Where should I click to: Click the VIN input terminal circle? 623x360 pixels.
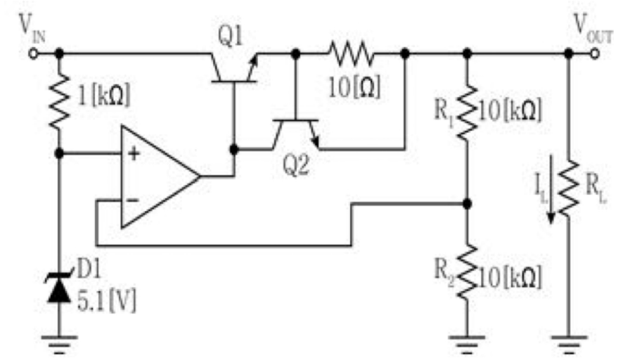(33, 53)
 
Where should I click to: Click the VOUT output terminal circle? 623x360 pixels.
(595, 53)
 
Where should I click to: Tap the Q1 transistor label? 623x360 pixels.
(230, 37)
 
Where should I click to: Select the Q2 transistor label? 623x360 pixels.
(295, 165)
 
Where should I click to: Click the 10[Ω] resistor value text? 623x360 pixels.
(354, 87)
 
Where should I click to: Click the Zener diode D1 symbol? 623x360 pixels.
(59, 287)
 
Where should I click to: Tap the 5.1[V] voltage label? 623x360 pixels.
(106, 301)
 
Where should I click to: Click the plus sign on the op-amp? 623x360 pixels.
(134, 153)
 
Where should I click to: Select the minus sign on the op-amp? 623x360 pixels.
(133, 200)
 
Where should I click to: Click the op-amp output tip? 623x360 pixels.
(199, 176)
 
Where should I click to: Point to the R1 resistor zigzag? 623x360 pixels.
(468, 112)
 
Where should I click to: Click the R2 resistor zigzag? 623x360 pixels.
(468, 272)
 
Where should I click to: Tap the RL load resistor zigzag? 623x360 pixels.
(569, 188)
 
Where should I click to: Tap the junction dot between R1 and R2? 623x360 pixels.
(468, 204)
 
